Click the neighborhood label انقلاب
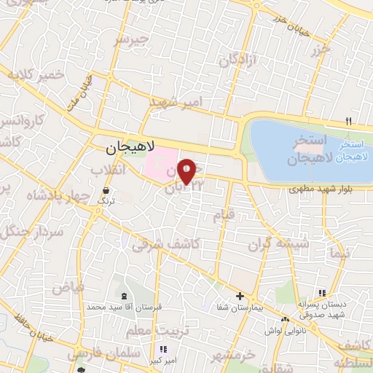(x=108, y=170)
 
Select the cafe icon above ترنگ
(x=106, y=192)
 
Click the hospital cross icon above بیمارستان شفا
(x=240, y=295)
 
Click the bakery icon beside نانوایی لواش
(x=285, y=318)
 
